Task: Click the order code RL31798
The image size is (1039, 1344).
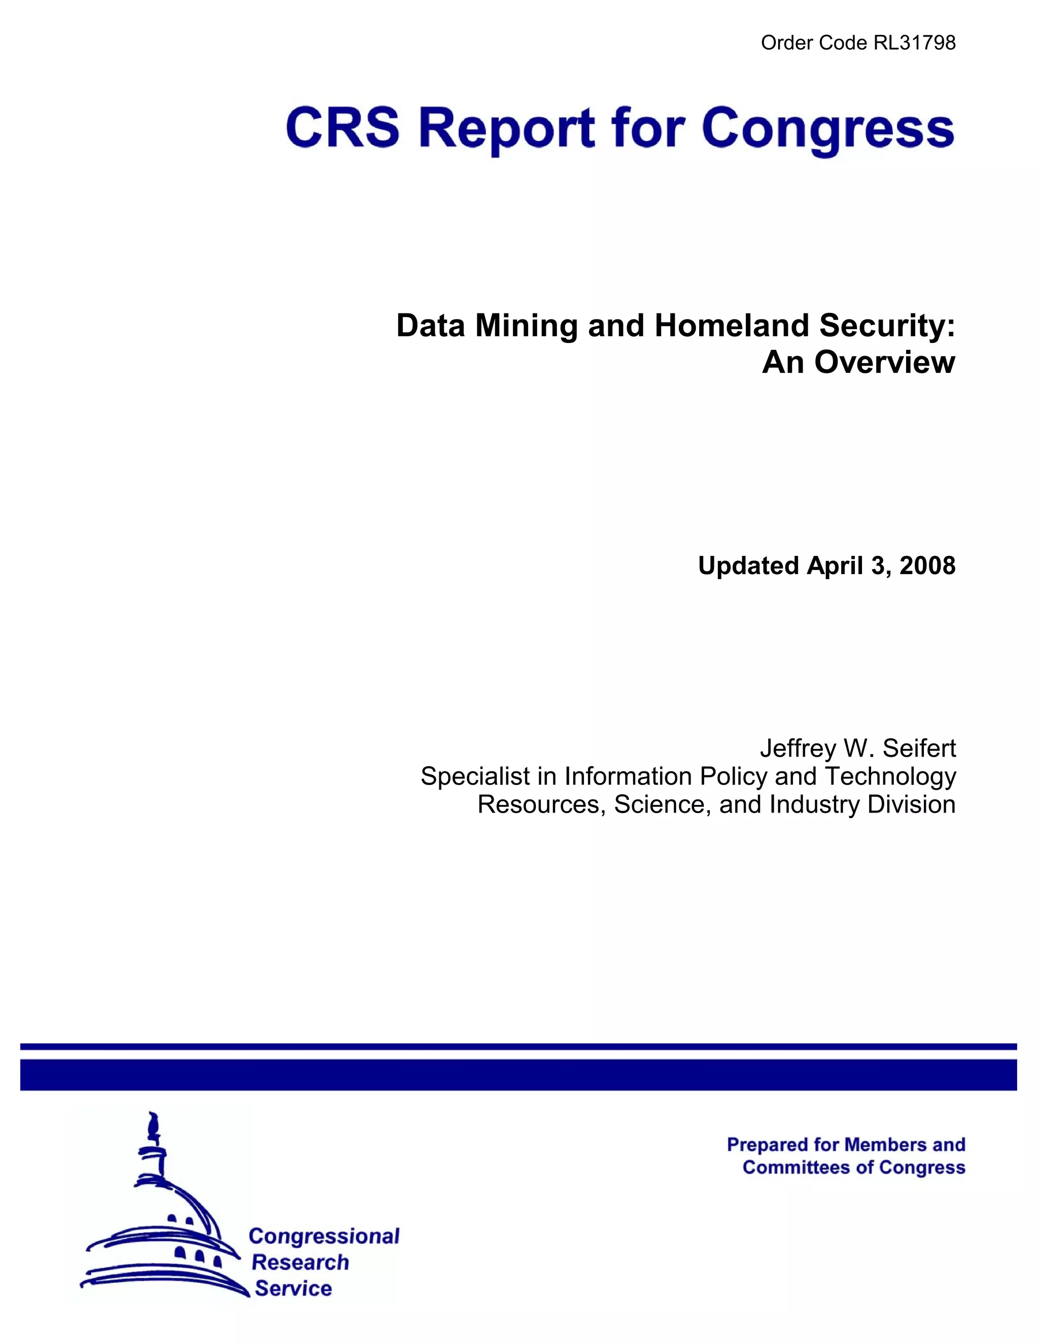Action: pyautogui.click(x=915, y=43)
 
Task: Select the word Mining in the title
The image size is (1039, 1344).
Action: pyautogui.click(x=526, y=326)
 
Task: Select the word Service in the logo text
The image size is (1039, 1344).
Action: pyautogui.click(x=293, y=1288)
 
